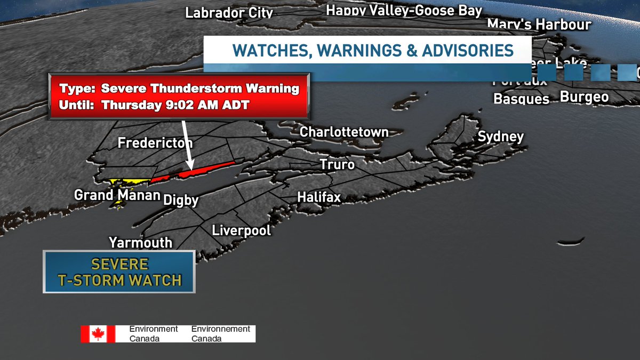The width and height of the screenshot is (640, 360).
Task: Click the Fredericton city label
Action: (155, 143)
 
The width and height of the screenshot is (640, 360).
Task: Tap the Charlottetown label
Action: (344, 132)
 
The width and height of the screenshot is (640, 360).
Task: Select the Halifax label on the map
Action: (319, 197)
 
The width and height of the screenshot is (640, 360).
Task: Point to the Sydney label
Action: (501, 137)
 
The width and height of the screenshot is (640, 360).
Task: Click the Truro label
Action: (337, 164)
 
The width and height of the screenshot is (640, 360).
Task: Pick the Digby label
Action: (181, 201)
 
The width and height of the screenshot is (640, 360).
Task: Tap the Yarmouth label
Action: (141, 243)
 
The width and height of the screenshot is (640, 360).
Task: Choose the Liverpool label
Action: (242, 230)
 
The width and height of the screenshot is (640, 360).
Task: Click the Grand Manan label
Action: (117, 195)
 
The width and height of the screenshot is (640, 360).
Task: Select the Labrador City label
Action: (229, 13)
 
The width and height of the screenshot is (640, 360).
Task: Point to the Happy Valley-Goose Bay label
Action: (404, 10)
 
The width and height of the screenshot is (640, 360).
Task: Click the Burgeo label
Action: (584, 97)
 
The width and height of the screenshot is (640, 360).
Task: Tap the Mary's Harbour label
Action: (539, 25)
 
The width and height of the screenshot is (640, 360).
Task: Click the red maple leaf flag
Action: (98, 334)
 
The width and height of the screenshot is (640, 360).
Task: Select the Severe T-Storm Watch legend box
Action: (119, 272)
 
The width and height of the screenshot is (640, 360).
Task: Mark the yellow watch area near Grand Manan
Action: (128, 182)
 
